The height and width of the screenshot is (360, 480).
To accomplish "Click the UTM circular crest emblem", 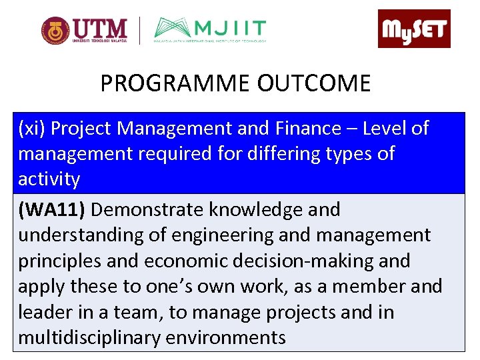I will click(55, 31).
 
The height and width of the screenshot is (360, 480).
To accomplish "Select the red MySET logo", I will click(414, 29).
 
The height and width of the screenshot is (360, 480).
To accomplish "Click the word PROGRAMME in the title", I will click(175, 83).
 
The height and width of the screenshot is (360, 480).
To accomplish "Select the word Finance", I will click(304, 128).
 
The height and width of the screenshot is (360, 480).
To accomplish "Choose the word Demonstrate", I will click(148, 210).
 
